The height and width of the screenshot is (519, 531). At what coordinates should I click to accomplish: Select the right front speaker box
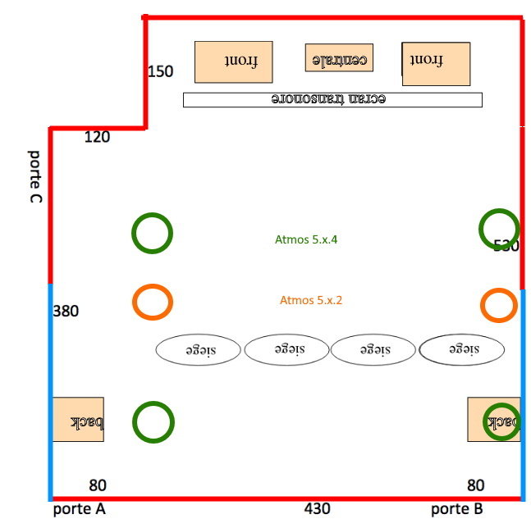[x=436, y=63]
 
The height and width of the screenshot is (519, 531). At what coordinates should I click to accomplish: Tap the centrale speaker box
[x=339, y=57]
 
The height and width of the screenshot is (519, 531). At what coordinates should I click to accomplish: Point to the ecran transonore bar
[x=332, y=99]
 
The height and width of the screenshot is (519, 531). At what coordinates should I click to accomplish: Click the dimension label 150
[x=160, y=71]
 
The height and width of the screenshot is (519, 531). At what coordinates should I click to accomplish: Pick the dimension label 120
[x=97, y=137]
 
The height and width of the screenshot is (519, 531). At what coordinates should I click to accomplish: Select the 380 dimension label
[x=66, y=312]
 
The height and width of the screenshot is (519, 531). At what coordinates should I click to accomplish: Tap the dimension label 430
[x=317, y=508]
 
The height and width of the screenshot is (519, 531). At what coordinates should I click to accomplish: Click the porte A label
[x=79, y=509]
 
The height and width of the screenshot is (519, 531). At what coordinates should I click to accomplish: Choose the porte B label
[x=457, y=509]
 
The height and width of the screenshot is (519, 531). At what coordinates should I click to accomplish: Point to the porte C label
[x=35, y=177]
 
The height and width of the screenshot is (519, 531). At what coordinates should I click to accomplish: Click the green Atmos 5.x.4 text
[x=307, y=240]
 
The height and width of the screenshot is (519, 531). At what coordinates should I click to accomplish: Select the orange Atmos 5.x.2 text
[x=310, y=300]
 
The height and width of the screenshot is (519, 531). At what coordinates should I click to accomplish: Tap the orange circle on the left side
[x=152, y=303]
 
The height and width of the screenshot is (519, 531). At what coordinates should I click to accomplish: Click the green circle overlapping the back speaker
[x=501, y=421]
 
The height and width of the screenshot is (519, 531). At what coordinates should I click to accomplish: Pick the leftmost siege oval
[x=198, y=349]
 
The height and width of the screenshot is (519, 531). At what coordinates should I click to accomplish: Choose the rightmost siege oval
[x=461, y=349]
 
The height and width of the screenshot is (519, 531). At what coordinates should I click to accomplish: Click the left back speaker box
[x=78, y=420]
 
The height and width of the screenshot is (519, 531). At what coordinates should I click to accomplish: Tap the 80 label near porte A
[x=97, y=485]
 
